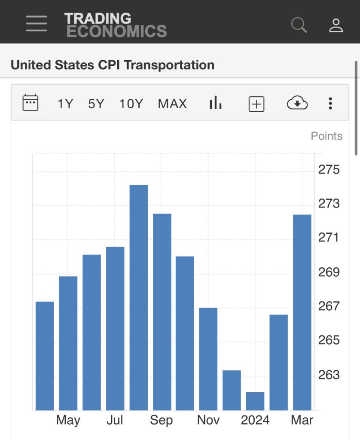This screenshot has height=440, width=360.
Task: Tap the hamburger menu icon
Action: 37,24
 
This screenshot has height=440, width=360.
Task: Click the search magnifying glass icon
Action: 299,24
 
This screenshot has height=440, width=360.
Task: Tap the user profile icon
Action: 336,25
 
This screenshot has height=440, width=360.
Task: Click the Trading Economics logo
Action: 115,24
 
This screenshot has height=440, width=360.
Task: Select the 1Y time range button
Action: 65,104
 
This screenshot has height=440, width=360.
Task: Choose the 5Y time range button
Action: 96,104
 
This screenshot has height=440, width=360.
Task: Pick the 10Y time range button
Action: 131,104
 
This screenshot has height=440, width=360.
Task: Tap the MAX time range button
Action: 172,104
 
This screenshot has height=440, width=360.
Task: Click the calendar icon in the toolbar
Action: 31,103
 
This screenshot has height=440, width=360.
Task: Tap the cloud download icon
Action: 297,103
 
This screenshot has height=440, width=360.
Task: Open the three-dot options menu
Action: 330,103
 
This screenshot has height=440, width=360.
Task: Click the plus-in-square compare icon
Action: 256,104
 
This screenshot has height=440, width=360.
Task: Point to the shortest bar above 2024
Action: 255,401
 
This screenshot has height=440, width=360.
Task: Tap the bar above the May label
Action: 68,343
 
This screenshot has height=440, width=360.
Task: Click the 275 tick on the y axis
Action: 329,169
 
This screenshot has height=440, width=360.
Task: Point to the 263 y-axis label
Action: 329,375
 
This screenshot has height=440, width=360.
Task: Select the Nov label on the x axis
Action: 208,420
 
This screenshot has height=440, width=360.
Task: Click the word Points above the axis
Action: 326,136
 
